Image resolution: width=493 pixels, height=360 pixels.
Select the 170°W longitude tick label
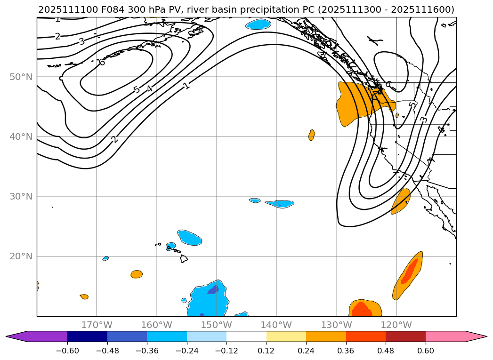[x=97, y=325]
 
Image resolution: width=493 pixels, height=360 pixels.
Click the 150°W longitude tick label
[x=216, y=325]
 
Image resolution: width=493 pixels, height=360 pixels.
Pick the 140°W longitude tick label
[x=276, y=325]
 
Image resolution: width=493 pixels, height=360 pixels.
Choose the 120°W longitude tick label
[x=396, y=325]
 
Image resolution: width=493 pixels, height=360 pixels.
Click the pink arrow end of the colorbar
[x=476, y=336]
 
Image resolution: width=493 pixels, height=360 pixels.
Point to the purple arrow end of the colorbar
[x=16, y=336]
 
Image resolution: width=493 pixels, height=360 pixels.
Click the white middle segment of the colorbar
[x=246, y=336]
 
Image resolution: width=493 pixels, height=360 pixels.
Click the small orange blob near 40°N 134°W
[x=311, y=135]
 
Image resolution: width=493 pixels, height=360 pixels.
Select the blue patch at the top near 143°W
[x=259, y=24]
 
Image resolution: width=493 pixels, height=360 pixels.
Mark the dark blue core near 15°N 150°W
[x=213, y=290]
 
